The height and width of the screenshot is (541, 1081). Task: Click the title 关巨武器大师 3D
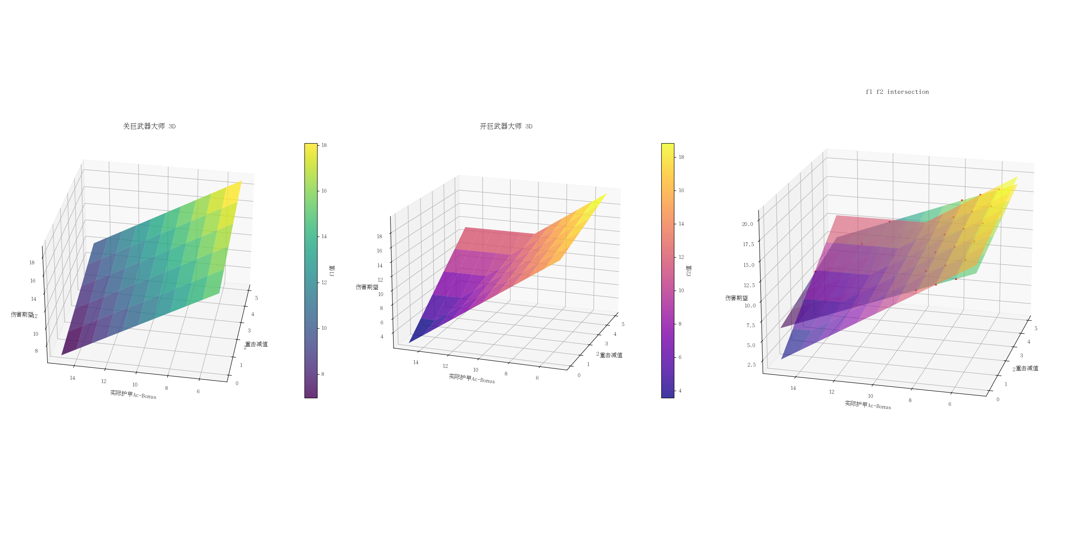pos(149,126)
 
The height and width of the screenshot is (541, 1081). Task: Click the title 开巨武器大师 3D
pos(506,126)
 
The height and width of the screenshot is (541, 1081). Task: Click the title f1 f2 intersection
pos(897,92)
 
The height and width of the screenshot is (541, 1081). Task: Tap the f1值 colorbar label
pos(332,271)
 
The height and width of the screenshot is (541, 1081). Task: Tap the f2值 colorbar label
pos(689,271)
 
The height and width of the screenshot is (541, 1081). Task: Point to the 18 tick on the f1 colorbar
pos(324,145)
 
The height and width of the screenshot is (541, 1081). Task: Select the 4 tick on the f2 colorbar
pos(680,391)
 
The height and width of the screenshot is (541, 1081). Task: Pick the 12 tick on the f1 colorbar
pos(324,283)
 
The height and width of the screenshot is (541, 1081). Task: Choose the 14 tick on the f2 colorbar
pos(681,224)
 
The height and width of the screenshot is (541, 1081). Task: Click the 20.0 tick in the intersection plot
pos(747,224)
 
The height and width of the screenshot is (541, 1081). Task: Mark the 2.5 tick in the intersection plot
pos(751,365)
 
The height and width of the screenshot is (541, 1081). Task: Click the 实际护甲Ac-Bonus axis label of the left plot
pos(133,394)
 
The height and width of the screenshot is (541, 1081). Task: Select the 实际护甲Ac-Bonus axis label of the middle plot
pos(472,378)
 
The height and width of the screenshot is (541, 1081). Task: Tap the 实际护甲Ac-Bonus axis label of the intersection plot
pos(868,405)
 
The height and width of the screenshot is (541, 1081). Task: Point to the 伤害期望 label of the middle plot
pos(367,287)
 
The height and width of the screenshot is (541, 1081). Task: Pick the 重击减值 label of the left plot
pos(256,344)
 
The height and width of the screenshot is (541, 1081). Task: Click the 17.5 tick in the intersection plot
pos(748,245)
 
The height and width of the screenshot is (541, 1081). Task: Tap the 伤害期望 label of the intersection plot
pos(736,298)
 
